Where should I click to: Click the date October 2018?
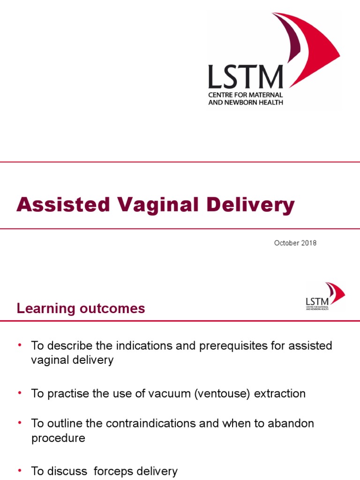295,243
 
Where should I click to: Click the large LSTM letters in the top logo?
246,77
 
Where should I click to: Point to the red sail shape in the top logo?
312,45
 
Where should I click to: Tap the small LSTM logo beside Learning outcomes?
325,297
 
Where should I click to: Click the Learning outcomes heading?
81,308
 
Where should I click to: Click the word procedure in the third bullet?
58,438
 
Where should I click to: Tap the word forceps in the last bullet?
115,471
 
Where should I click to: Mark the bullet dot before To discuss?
20,470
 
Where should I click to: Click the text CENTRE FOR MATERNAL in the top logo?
246,95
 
